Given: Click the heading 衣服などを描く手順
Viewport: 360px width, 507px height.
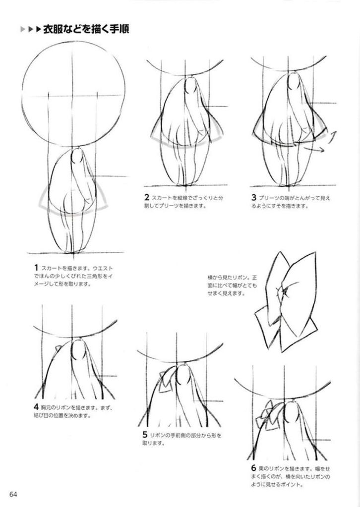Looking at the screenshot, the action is (x=86, y=29).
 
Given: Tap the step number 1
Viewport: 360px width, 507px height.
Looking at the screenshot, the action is (x=36, y=268).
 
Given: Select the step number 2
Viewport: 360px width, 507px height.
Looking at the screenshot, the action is (x=146, y=197).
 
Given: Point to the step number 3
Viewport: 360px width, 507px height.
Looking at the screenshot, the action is (x=253, y=197).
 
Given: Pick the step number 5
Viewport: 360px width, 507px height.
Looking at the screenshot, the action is (x=145, y=435).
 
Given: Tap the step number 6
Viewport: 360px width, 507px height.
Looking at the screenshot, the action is (x=253, y=468).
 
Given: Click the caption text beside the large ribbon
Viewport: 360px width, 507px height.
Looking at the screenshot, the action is (x=233, y=285).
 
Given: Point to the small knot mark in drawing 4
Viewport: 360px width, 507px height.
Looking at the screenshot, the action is (x=59, y=348).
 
